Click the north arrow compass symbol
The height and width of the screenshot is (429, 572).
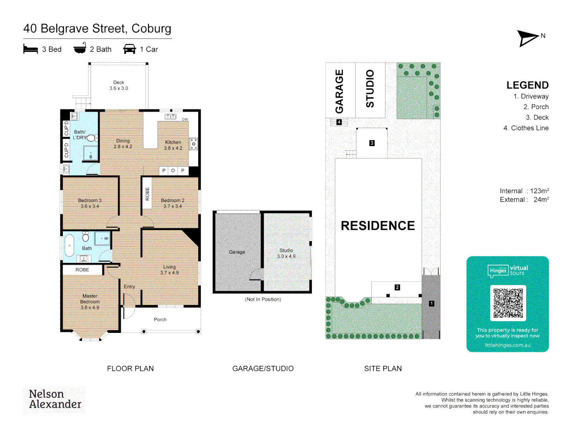point(528,38)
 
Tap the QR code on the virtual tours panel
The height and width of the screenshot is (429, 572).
point(508,303)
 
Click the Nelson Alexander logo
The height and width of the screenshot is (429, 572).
point(54,399)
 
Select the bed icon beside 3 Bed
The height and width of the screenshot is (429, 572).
point(31,49)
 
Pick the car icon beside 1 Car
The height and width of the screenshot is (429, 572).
point(129,49)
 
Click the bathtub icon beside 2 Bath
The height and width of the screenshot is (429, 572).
point(80,48)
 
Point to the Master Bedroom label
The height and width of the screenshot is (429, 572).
point(90,299)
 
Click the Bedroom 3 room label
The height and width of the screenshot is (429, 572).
point(90,201)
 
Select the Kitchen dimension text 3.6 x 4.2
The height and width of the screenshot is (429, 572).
point(173,148)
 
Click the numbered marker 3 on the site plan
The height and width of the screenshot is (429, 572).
point(372,143)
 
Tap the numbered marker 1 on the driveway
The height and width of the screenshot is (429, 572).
point(431,303)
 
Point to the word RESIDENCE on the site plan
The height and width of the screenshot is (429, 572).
point(378,226)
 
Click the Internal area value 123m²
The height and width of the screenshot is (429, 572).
point(539,191)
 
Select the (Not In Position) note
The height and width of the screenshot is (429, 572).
point(263,300)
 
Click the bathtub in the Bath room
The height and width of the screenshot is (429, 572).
point(69,245)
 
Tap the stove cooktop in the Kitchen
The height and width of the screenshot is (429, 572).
point(193,144)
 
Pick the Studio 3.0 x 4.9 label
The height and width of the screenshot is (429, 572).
point(286,253)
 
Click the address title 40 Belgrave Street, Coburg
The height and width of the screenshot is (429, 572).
point(97,29)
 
